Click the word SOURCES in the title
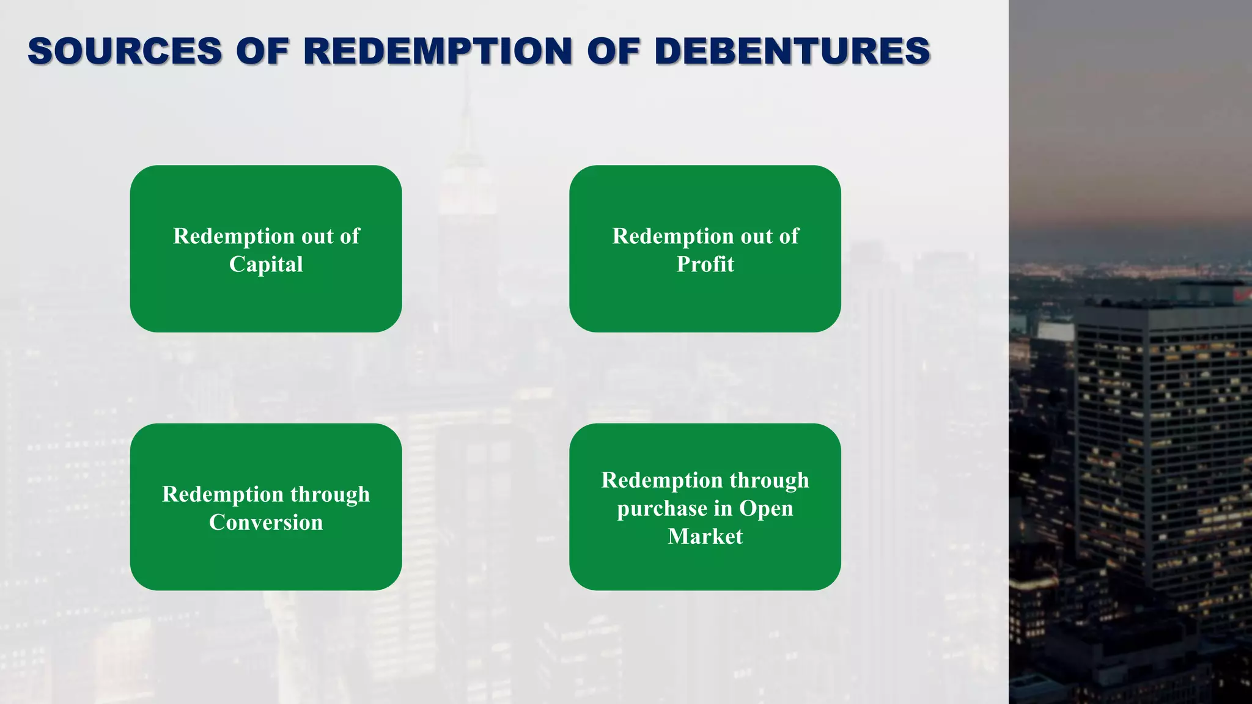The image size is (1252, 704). pos(125,51)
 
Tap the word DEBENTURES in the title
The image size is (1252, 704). pos(792,51)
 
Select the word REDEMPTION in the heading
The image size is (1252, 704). pos(438,51)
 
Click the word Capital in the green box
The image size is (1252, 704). pos(266,265)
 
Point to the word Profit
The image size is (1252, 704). pos(705,265)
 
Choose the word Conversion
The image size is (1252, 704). pos(266,522)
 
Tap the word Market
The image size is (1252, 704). pos(705,537)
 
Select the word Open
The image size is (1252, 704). pos(766,509)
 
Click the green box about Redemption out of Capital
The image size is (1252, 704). pos(266,299)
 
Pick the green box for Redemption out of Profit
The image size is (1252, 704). pos(705,299)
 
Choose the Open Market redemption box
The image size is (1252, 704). pos(705,568)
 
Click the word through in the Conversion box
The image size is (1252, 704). pos(330,494)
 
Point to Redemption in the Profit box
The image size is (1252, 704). pos(665,237)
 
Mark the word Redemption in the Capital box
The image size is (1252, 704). pos(225,237)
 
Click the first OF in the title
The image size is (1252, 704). pos(262,51)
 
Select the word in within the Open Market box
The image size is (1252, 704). pos(723,508)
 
